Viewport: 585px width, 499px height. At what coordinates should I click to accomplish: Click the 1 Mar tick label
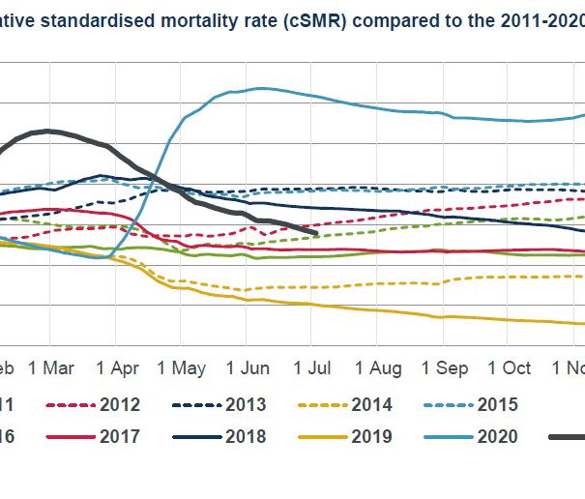52,368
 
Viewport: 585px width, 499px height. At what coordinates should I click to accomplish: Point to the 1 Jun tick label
248,368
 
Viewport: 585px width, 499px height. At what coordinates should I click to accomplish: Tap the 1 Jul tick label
311,368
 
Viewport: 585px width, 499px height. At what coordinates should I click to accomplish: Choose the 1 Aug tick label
378,368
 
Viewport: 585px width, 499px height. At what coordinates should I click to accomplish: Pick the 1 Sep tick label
445,368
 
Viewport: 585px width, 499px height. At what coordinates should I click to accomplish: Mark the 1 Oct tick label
510,368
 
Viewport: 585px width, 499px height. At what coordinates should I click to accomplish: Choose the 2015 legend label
499,404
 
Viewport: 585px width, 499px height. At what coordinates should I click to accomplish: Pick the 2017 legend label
120,436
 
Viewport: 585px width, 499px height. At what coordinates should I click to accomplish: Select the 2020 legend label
499,436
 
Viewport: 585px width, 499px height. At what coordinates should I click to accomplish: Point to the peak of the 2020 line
258,89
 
